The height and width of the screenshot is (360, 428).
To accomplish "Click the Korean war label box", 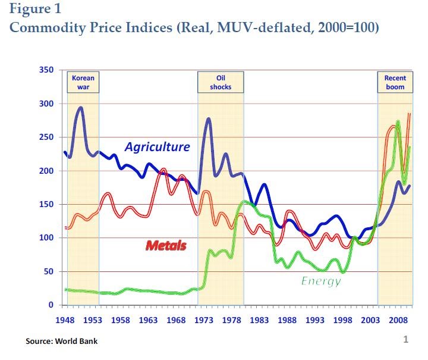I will click(x=83, y=82).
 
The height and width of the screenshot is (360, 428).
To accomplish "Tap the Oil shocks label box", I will click(x=220, y=82).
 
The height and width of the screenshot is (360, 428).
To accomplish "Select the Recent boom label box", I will click(x=395, y=82).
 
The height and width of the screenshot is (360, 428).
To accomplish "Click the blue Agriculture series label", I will click(x=157, y=146).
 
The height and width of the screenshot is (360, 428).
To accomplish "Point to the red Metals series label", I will click(x=166, y=245).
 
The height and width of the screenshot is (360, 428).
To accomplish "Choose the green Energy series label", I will click(x=320, y=280).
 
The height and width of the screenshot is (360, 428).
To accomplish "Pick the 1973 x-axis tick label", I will click(x=204, y=320).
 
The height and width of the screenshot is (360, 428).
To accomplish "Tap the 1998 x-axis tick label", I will click(x=343, y=320).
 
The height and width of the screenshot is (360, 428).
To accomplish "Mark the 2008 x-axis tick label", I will click(x=399, y=320).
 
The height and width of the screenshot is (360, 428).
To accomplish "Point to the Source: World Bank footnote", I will click(x=61, y=342).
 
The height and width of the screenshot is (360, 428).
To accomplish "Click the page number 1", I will click(x=405, y=340).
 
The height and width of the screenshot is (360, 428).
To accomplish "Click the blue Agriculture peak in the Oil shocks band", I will click(x=209, y=119).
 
